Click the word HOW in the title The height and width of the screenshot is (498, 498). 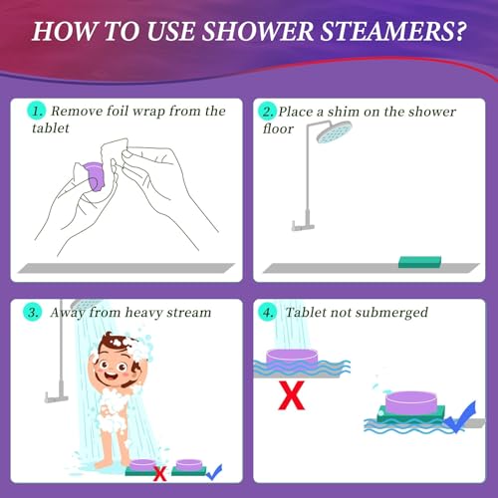point(65,30)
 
